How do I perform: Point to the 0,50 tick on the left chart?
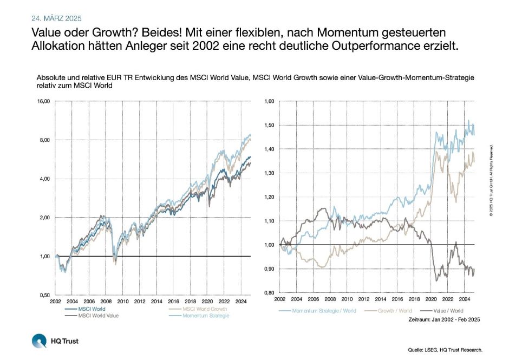coord(43,295)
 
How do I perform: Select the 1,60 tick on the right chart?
coord(269,101)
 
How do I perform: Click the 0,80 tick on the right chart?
coord(269,293)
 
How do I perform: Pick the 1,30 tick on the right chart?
coord(269,173)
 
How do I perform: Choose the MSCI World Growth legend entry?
coord(205,309)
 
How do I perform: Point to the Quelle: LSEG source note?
coord(445,350)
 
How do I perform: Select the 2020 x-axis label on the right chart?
coord(432,299)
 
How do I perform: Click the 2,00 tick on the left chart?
coord(43,218)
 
